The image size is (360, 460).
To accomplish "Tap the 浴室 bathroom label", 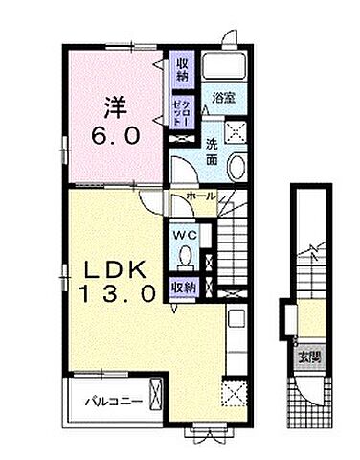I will tap(224, 99).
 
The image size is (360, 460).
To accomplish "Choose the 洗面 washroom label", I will tap(213, 150).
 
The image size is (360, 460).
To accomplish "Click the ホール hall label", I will tap(200, 196).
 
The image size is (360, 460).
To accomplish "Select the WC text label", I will tap(185, 233).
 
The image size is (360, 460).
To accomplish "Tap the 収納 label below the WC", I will tap(185, 286).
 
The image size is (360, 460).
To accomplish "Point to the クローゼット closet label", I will tap(180, 110).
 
